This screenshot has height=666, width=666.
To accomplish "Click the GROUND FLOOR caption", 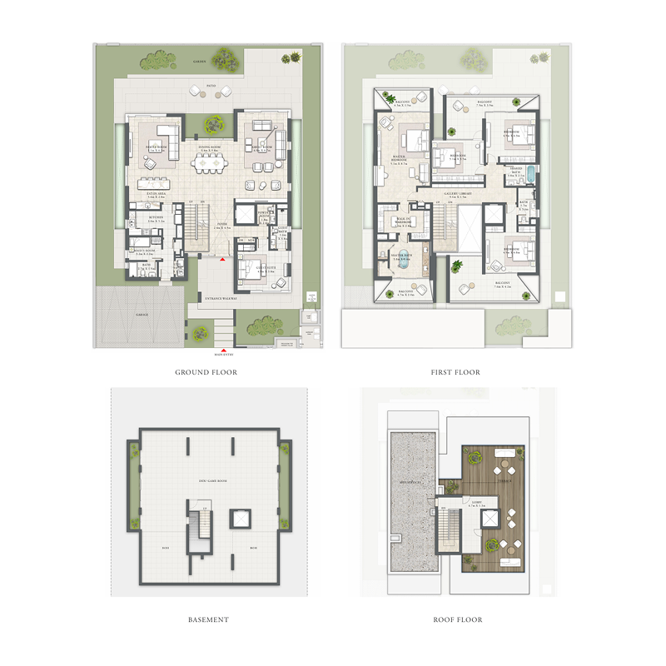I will (x=206, y=372).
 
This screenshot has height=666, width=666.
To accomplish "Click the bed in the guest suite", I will (x=253, y=271).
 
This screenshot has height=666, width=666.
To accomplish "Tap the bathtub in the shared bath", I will (x=527, y=176).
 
